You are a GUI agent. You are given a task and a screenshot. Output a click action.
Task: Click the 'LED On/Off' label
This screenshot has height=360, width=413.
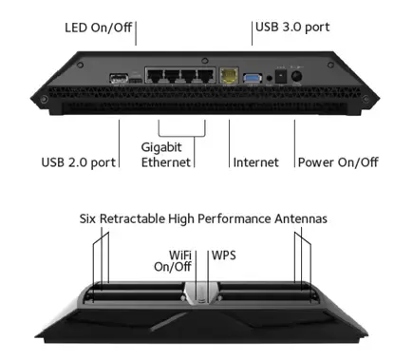point(98,28)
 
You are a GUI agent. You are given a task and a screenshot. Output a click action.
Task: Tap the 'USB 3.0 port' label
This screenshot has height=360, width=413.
point(292,28)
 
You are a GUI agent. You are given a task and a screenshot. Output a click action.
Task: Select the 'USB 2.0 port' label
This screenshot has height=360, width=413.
point(79,162)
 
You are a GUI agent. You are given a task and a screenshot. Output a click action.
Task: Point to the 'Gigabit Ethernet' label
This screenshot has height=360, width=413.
point(166,155)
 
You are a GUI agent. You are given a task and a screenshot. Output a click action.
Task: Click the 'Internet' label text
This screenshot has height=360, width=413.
point(255,162)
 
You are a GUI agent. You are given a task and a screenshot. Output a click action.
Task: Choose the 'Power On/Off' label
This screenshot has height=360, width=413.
point(338,162)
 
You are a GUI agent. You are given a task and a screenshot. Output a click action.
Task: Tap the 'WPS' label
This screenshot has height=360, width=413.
point(224,256)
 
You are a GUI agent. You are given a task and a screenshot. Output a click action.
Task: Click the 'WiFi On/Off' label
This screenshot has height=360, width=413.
point(173,261)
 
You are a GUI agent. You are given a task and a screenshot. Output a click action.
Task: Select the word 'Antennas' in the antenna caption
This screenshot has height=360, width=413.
point(301,218)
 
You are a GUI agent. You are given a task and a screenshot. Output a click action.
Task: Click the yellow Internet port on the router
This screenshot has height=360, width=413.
point(229,76)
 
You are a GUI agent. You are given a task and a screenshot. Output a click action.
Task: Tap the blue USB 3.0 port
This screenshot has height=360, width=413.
point(253,78)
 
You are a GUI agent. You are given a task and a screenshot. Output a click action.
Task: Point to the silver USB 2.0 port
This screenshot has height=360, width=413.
point(119,78)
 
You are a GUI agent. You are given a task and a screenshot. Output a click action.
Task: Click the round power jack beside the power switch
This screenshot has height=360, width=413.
point(296,76)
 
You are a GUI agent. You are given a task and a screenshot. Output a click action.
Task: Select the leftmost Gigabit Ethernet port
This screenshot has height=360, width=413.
point(155,76)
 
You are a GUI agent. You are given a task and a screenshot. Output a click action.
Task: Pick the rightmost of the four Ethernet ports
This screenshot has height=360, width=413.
point(205,76)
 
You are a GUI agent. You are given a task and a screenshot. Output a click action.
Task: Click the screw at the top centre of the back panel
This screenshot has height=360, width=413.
point(205,60)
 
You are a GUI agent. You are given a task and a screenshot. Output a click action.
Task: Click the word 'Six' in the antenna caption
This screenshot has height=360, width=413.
point(87,218)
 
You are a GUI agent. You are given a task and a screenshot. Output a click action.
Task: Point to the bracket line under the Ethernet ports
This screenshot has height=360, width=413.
point(182,137)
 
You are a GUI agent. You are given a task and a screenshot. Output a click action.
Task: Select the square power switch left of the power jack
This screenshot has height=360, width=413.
point(281,76)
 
